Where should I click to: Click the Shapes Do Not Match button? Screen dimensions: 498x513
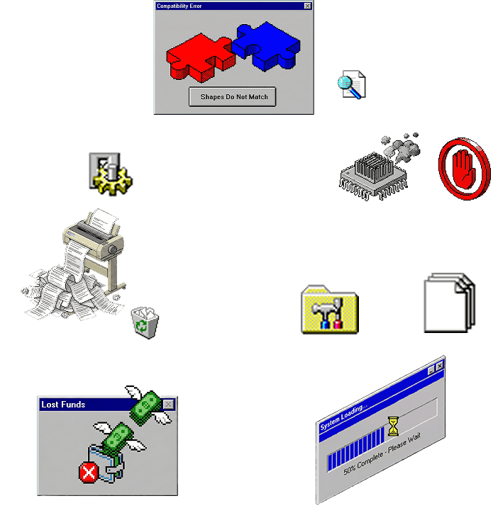point(233,97)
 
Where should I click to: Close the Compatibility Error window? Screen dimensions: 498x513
point(307,6)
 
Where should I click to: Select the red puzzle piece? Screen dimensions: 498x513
point(198,57)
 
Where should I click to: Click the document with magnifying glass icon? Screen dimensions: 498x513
point(352,85)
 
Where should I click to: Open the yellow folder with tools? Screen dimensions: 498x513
point(330,310)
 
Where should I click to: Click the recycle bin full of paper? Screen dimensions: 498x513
point(145,322)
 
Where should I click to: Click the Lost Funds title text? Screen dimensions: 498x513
point(63,405)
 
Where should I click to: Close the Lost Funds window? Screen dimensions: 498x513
point(168,405)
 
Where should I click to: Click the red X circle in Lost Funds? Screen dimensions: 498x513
point(89,472)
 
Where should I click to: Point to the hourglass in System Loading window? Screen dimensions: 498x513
point(393,424)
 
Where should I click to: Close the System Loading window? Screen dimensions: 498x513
point(440,366)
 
